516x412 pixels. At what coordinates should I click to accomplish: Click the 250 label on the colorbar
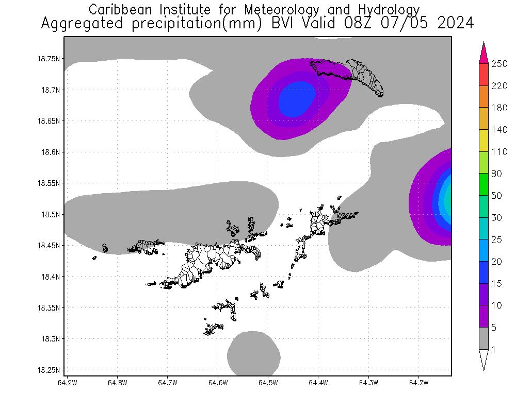point(499,64)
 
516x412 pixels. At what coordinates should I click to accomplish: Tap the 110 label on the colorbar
point(499,152)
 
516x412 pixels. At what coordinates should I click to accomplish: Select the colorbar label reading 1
point(494,350)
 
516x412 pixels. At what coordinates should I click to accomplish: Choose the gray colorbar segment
point(484,338)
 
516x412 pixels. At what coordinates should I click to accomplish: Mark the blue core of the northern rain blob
point(296,99)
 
